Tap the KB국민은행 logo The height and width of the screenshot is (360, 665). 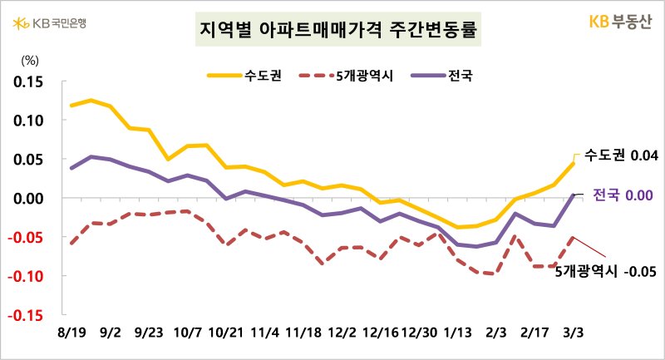[49, 22]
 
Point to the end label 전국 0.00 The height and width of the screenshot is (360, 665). [623, 195]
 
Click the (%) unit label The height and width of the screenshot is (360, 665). [29, 59]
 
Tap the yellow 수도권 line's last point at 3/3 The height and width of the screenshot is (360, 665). [574, 162]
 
